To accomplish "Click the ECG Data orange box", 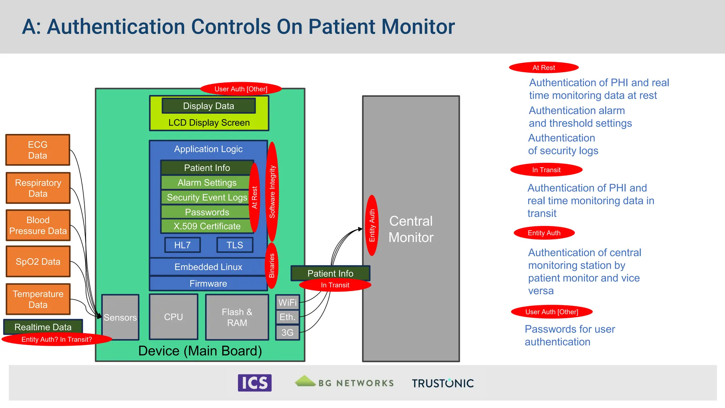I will (x=38, y=150).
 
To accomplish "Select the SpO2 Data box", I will (x=38, y=261).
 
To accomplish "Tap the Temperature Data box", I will (x=38, y=299).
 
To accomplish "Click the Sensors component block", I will (x=120, y=317).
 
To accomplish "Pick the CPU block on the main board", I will (x=173, y=317).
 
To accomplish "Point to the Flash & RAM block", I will (x=237, y=317).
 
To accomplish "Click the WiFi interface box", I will (x=287, y=302).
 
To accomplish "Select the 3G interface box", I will (x=287, y=333).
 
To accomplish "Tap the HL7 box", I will (x=182, y=245).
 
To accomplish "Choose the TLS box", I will (x=235, y=245).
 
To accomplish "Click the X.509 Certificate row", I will (x=207, y=226).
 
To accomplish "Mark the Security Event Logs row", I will (x=207, y=197).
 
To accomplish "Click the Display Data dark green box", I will (x=209, y=106).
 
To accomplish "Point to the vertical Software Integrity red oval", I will (x=272, y=192).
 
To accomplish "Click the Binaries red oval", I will (x=272, y=266).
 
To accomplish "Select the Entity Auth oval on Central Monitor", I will (x=372, y=225).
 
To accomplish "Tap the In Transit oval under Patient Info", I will (x=335, y=285).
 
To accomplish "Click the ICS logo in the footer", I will (x=255, y=383).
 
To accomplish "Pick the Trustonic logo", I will (x=443, y=383).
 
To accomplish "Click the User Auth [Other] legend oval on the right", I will (x=552, y=312).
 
